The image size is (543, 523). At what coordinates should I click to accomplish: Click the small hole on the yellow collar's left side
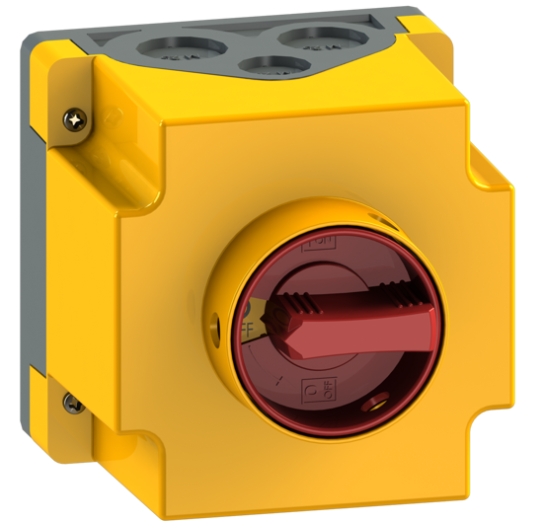215,322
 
